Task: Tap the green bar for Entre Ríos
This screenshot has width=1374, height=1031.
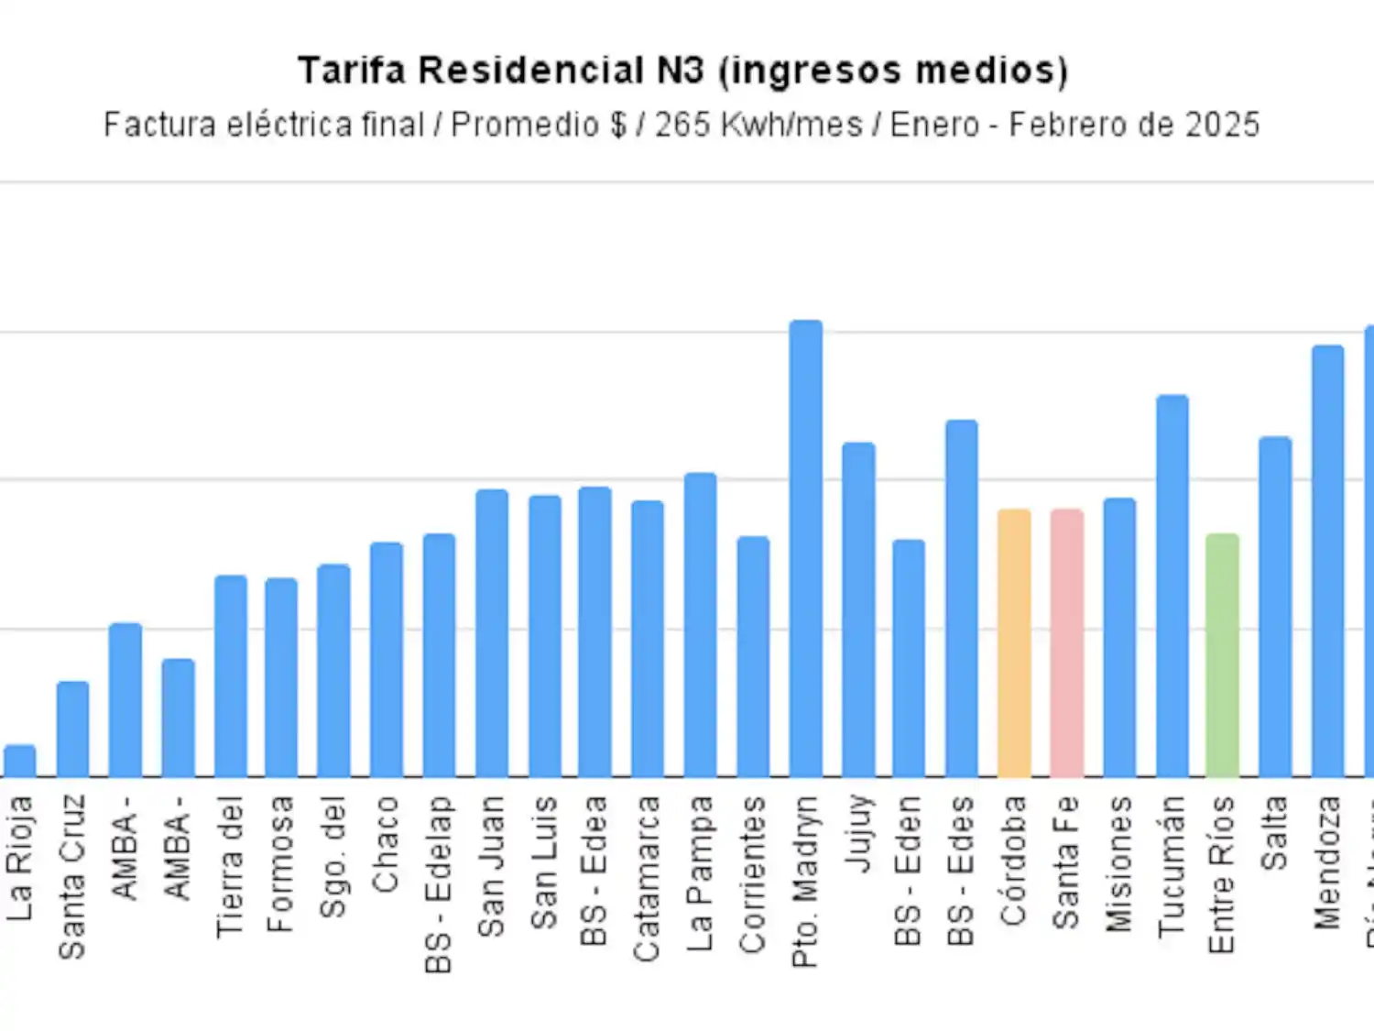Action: coord(1222,655)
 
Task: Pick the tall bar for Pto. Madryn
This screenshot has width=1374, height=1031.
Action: coord(806,550)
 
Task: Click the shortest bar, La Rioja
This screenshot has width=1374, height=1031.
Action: coord(20,762)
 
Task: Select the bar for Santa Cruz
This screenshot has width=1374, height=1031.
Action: coord(72,729)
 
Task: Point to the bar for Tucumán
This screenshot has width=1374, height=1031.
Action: coord(1172,587)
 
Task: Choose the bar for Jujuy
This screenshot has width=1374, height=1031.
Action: coord(858,610)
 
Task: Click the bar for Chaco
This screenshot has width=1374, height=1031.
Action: coord(387,660)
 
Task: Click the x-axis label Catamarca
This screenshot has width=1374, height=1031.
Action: coord(648,879)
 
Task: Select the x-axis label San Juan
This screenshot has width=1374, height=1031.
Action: coord(492,866)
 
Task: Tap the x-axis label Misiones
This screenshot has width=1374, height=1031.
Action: coord(1119,864)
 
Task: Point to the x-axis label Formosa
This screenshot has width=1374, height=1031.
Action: coord(281,864)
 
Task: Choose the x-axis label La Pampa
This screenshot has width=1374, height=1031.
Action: coord(701,873)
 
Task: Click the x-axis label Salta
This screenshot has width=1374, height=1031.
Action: coord(1275,833)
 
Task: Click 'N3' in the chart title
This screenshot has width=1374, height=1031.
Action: coord(680,71)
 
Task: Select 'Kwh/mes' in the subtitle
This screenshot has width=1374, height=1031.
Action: coord(792,125)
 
